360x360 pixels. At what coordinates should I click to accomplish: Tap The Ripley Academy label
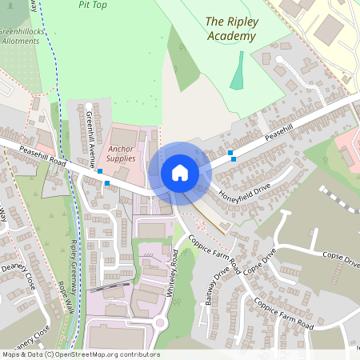coord(230,28)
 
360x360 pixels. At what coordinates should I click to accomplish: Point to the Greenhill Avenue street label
coord(91,136)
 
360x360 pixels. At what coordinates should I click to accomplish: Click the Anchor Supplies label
coord(121,154)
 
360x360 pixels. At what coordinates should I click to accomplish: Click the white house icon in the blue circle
coord(180,172)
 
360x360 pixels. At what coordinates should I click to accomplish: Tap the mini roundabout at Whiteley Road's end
coord(159,324)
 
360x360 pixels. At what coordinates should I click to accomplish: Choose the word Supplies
coord(121,158)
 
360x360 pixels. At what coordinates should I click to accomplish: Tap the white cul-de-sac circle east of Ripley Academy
coord(280,59)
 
